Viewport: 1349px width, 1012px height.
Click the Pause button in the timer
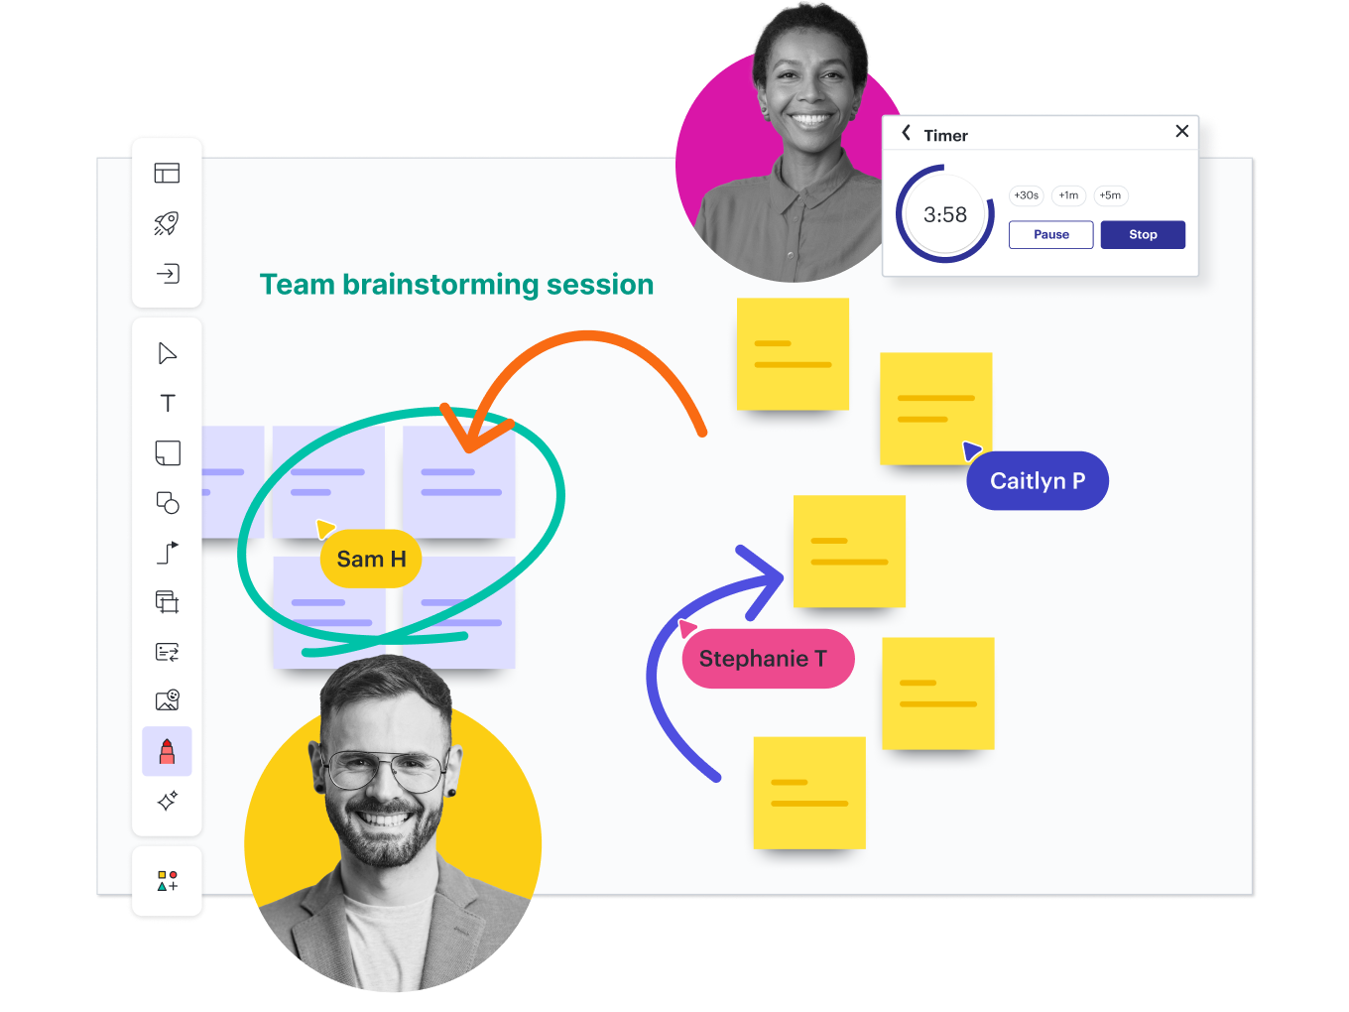click(1050, 235)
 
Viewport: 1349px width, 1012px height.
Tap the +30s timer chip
click(1026, 195)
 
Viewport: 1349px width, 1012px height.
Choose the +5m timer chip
click(1110, 195)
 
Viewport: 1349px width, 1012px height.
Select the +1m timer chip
click(1068, 195)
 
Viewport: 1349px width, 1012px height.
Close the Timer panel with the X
click(1181, 131)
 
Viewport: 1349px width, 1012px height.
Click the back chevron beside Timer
click(906, 133)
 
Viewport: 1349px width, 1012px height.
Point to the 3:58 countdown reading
click(944, 214)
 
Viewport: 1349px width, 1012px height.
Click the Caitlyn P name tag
click(1038, 481)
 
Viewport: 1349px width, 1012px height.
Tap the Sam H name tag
click(371, 560)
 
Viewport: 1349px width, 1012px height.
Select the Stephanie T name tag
click(763, 659)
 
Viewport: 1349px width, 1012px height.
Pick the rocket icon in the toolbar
click(167, 223)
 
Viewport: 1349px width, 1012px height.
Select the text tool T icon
click(168, 403)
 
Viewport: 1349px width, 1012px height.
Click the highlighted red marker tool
click(167, 751)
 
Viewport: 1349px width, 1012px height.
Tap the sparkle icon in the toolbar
click(168, 801)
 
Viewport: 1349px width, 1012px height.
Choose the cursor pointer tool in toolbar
click(167, 353)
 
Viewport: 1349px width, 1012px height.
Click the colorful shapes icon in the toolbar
click(168, 881)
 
